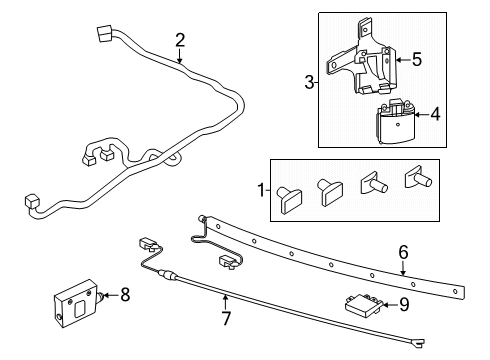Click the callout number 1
[x=262, y=189]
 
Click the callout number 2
[x=180, y=41]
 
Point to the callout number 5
[x=431, y=60]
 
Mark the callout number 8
[x=125, y=294]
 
